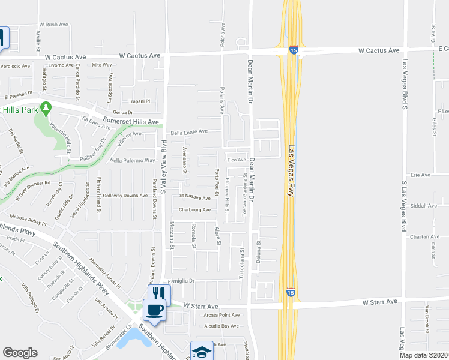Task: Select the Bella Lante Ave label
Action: (x=189, y=131)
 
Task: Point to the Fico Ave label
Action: (x=237, y=160)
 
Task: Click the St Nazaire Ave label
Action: (x=195, y=197)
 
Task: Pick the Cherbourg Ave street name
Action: (x=195, y=210)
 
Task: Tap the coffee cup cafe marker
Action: (x=155, y=310)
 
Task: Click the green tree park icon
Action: (x=45, y=109)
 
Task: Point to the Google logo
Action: (x=20, y=353)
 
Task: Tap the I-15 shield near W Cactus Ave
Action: (x=294, y=50)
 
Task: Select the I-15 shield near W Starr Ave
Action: (x=290, y=293)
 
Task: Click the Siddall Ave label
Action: (x=424, y=205)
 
